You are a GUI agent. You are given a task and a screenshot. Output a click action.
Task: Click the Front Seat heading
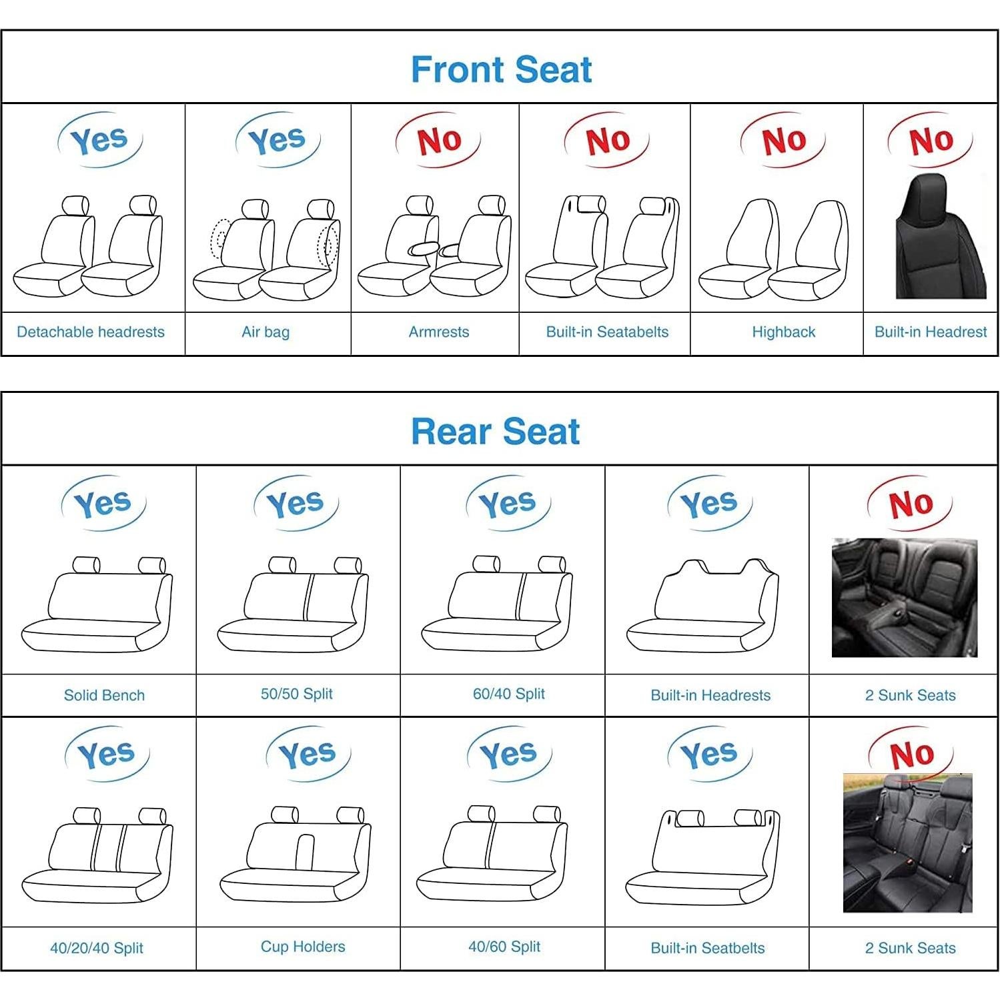click(501, 69)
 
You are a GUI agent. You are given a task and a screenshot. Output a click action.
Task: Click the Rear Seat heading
click(495, 431)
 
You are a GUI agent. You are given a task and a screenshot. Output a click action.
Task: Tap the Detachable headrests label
click(91, 332)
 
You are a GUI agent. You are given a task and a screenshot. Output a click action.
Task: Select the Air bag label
click(266, 332)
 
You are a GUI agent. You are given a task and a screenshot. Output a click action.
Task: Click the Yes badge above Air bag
click(277, 140)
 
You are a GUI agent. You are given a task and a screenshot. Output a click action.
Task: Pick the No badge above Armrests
click(438, 141)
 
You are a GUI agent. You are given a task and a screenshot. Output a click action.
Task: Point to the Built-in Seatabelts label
click(607, 332)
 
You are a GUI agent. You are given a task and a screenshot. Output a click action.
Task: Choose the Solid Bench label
click(104, 695)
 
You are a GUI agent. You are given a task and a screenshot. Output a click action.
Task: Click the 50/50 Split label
click(296, 694)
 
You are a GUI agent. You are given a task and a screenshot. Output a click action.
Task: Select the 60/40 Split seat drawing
click(497, 604)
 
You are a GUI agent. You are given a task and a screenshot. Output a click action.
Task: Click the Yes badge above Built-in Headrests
click(709, 503)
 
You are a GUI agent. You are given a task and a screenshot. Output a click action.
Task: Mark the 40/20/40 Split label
click(97, 948)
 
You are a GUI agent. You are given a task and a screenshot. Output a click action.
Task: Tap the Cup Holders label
click(303, 947)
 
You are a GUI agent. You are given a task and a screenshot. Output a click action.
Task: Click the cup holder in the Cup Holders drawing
click(305, 851)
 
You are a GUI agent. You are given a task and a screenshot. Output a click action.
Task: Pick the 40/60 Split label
click(504, 947)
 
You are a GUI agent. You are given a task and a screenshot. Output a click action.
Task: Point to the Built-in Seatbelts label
click(708, 948)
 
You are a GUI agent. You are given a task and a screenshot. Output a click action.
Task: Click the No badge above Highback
click(783, 141)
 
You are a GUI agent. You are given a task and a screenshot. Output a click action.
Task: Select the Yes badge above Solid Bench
click(103, 503)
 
